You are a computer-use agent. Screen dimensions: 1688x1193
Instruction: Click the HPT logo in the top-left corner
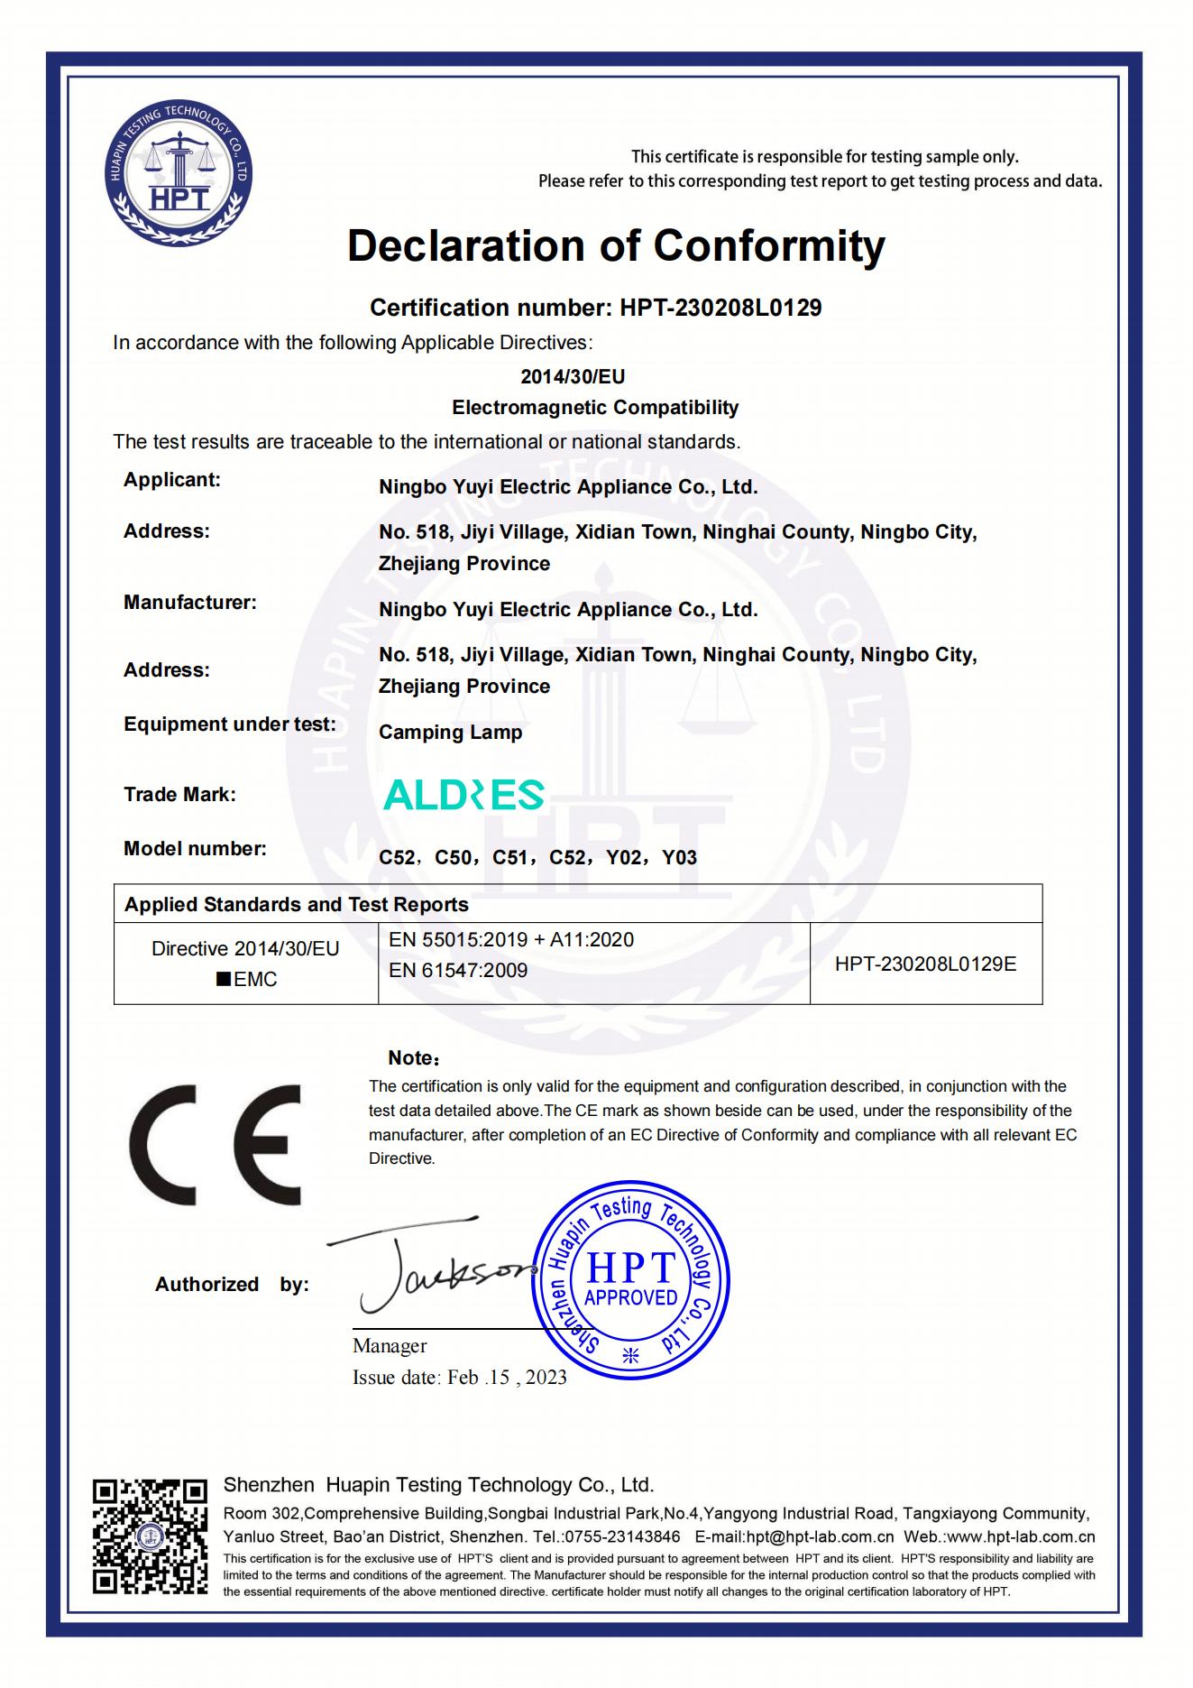pos(177,175)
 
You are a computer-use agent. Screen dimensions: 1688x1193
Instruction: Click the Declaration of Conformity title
pos(616,245)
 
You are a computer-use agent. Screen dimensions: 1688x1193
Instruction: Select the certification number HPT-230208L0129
pos(720,308)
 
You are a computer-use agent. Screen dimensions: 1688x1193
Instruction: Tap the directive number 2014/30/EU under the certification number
pos(573,376)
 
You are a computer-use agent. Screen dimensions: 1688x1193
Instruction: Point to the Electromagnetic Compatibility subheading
pos(595,408)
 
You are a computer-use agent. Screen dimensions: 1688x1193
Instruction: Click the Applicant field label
pos(172,480)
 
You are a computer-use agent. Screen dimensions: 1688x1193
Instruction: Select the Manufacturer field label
pos(190,603)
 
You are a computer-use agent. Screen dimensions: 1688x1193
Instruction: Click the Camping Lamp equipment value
pos(450,733)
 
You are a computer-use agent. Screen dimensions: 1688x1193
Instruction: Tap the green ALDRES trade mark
pos(463,795)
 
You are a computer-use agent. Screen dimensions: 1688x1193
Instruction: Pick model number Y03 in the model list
pos(679,858)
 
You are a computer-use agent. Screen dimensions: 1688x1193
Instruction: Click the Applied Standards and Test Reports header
pos(297,905)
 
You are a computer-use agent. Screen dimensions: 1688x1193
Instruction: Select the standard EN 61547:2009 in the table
pos(458,971)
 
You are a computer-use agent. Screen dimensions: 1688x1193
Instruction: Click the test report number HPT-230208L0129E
pos(925,964)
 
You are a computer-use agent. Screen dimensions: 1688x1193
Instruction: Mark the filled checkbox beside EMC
pos(224,980)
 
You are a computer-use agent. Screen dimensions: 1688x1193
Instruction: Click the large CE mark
pos(216,1145)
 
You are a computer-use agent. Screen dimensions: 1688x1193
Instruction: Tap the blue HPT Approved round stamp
pos(630,1282)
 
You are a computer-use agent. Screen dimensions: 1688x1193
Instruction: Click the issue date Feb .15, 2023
pos(507,1377)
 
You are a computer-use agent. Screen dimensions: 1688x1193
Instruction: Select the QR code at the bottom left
pos(150,1536)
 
